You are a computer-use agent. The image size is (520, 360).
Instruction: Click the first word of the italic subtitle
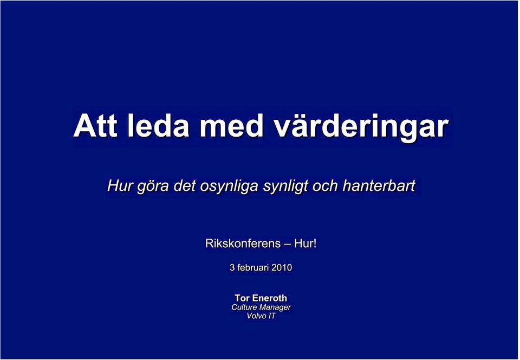coord(120,185)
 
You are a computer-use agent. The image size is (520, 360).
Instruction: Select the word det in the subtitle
coord(184,185)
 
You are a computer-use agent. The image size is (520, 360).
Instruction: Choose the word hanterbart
coord(379,185)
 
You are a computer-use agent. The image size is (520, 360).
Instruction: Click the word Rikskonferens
coord(243,243)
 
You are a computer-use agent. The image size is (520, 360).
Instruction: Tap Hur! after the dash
coord(305,243)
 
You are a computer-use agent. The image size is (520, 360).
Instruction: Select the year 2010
coord(282,267)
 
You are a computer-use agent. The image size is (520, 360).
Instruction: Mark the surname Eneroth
coord(270,298)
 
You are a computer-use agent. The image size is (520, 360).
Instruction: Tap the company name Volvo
coord(256,316)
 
